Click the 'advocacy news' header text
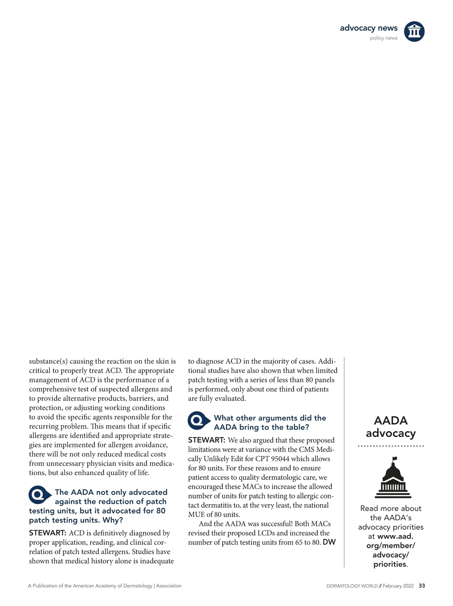368,28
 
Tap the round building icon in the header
414,31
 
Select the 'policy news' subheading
384,38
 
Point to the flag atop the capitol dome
395,458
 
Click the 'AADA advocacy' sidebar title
391,427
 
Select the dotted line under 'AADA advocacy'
391,446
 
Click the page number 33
422,586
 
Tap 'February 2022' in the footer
398,586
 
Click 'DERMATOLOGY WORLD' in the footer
352,586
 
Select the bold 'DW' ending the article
329,543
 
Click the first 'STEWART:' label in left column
48,533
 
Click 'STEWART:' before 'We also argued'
207,440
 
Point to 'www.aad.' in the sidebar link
395,536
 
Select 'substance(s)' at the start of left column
48,361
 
